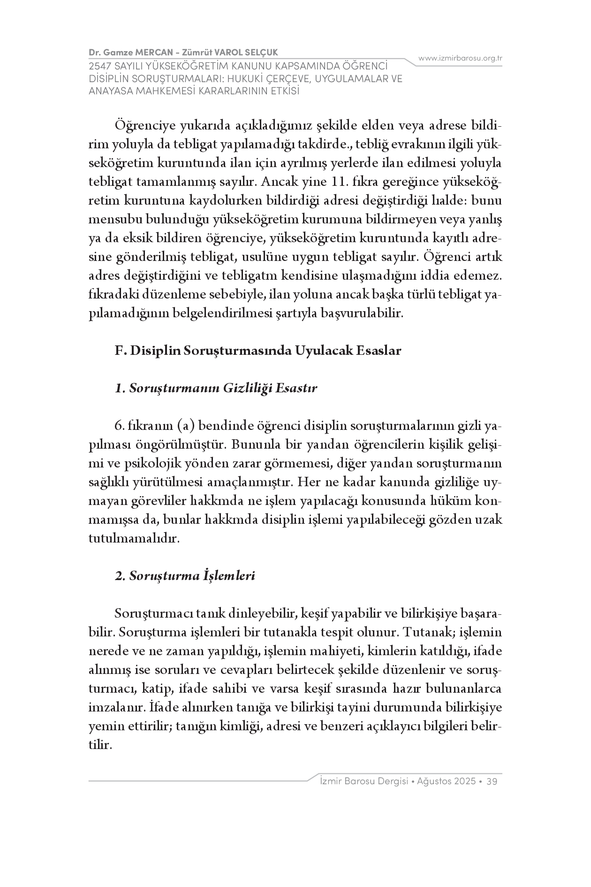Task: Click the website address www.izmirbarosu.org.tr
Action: (x=460, y=58)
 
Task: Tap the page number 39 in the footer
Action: (x=492, y=781)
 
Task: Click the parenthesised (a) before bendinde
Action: (x=187, y=426)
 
